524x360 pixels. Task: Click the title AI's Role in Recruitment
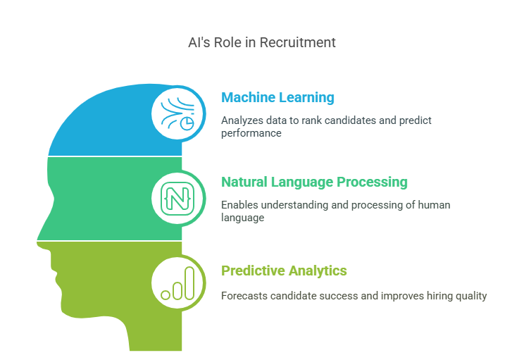pyautogui.click(x=261, y=42)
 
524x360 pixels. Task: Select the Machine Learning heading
pyautogui.click(x=277, y=97)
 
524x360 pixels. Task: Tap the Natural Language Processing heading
pyautogui.click(x=314, y=182)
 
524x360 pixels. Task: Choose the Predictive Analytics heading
pyautogui.click(x=284, y=271)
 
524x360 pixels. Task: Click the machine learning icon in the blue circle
pyautogui.click(x=177, y=113)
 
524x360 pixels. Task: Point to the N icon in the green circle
pyautogui.click(x=177, y=198)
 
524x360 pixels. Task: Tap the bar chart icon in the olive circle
pyautogui.click(x=177, y=283)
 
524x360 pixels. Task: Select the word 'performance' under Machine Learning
pyautogui.click(x=251, y=132)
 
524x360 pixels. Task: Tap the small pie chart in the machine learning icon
pyautogui.click(x=187, y=123)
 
